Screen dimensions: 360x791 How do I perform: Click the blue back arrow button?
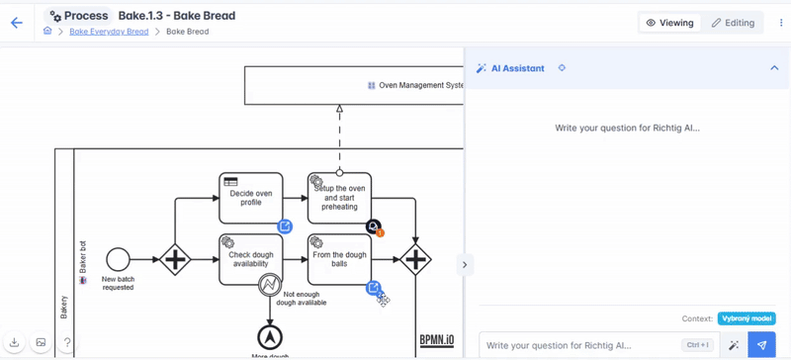coord(17,23)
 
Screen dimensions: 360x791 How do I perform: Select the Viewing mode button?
coord(670,23)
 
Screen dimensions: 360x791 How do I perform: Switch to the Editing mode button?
coord(733,23)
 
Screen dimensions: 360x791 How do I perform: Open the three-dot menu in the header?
coord(780,23)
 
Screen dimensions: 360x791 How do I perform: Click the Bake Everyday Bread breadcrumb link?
coord(109,32)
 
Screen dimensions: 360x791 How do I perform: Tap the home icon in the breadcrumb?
coord(47,32)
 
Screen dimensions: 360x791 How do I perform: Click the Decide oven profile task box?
coord(251,198)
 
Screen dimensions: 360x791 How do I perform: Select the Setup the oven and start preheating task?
coord(339,198)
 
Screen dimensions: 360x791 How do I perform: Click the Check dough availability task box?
coord(251,259)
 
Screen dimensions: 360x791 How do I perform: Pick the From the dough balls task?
coord(339,259)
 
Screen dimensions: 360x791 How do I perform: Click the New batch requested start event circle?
coord(118,259)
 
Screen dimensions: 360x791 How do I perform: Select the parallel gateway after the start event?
coord(175,260)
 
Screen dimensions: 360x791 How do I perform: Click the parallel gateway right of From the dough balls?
coord(415,260)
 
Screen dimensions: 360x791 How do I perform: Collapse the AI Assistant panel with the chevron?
coord(774,68)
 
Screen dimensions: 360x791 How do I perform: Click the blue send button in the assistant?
coord(761,345)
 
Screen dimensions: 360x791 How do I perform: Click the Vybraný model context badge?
coord(747,318)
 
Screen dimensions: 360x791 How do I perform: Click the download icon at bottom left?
coord(15,343)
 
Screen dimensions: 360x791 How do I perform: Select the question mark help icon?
coord(67,343)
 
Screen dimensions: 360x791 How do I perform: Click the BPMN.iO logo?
coord(436,339)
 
